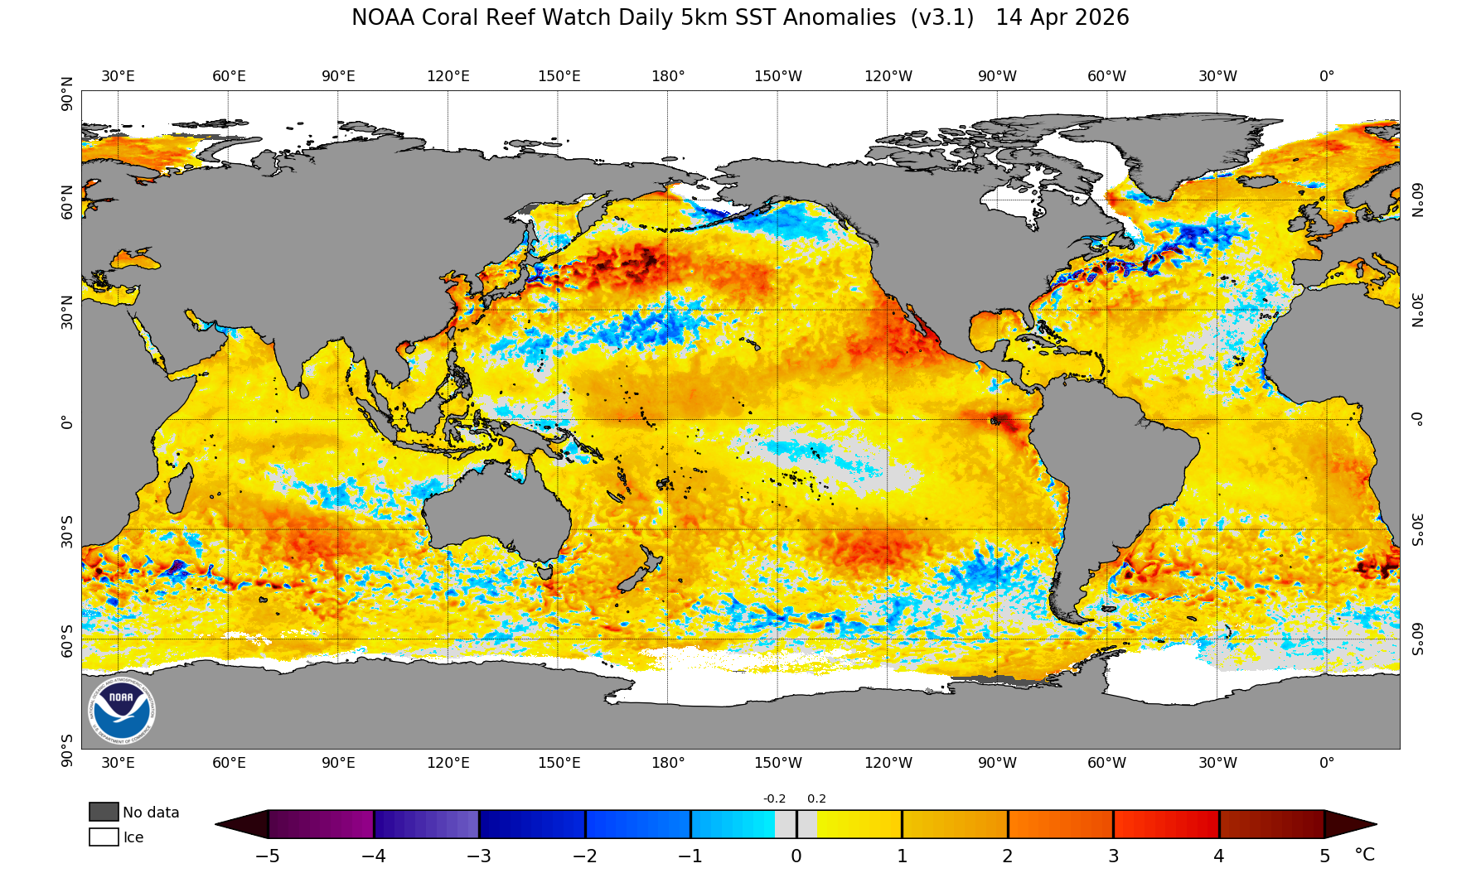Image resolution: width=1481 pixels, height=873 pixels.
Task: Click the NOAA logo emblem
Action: [x=121, y=711]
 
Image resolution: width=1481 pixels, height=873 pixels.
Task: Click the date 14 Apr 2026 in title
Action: [x=1062, y=18]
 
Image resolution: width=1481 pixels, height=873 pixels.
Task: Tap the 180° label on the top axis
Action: [x=668, y=76]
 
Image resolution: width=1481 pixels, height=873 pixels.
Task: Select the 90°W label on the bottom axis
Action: [x=997, y=763]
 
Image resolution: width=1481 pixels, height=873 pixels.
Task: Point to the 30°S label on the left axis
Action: [x=67, y=530]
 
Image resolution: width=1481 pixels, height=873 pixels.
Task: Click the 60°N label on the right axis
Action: [x=1417, y=200]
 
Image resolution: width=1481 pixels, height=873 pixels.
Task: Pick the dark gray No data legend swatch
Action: [x=104, y=812]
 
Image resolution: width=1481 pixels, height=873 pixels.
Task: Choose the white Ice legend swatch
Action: [x=104, y=837]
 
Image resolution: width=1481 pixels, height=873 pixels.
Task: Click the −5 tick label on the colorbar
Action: [x=267, y=856]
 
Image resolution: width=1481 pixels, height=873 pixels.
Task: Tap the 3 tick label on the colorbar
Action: [x=1113, y=856]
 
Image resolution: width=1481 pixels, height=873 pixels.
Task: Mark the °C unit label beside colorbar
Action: [x=1364, y=855]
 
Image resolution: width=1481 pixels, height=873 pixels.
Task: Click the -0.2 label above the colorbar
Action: [x=774, y=798]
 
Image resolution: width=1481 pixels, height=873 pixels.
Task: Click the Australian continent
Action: [x=497, y=505]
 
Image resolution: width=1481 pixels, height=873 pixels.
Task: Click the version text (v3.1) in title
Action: [x=941, y=18]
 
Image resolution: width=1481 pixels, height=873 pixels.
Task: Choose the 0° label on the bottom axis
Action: [x=1327, y=763]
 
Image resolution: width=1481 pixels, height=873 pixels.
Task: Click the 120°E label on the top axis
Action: [x=448, y=76]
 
